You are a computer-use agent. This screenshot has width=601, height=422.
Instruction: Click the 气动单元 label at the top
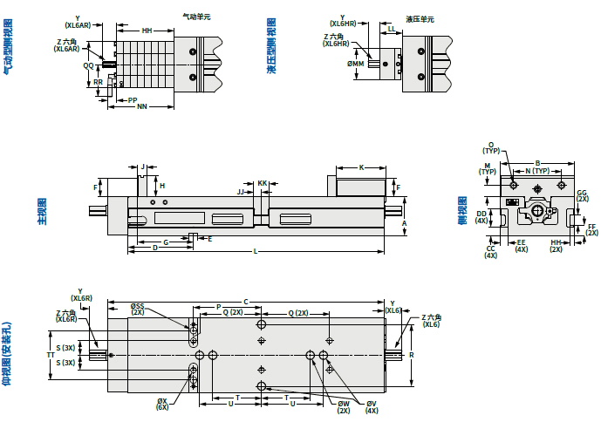point(196,16)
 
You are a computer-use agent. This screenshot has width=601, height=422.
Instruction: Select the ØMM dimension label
point(354,64)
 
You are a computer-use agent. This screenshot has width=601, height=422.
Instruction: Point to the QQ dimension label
point(88,65)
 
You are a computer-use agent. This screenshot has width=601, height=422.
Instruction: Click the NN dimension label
point(141,107)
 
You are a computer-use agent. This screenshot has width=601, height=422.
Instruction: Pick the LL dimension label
point(391,29)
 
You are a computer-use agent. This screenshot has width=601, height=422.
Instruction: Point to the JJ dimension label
point(242,191)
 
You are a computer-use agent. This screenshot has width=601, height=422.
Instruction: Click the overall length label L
point(255,252)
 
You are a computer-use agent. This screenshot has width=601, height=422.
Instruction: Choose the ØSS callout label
point(137,306)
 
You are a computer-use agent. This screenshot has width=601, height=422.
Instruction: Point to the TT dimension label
point(50,356)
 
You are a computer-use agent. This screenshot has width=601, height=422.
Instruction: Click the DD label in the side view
point(481,213)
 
